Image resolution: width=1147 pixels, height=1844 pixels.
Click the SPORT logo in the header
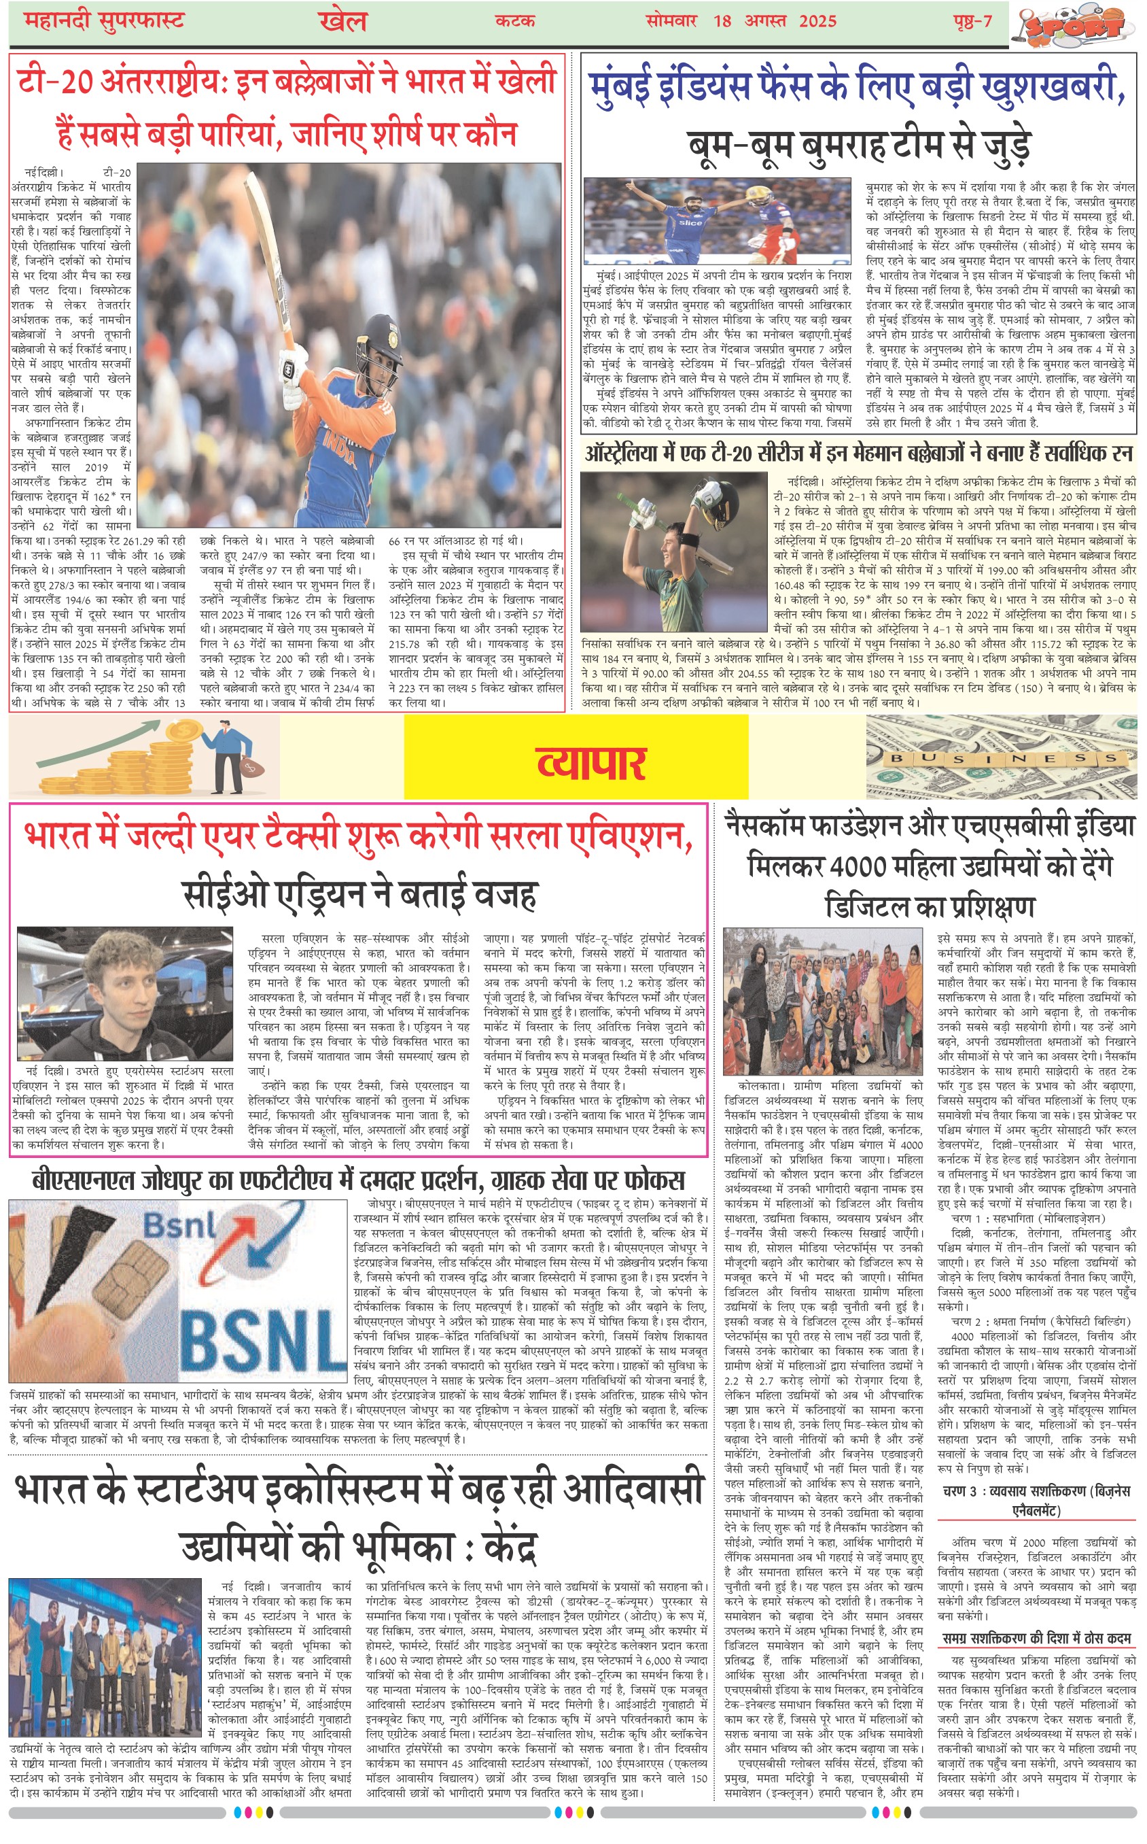(x=1076, y=25)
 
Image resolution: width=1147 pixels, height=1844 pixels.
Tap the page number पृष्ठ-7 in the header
(x=972, y=20)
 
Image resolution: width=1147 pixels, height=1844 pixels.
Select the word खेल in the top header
(x=342, y=21)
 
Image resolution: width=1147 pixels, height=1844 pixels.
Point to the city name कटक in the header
(x=514, y=20)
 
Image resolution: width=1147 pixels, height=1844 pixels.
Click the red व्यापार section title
(x=591, y=763)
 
